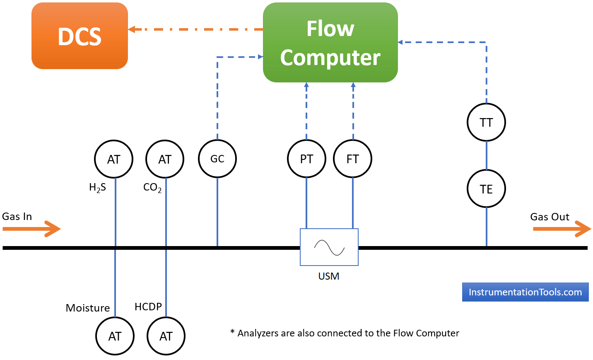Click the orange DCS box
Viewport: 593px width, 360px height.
tap(80, 36)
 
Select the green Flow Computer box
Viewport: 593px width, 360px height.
tap(330, 43)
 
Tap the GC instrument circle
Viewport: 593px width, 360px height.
tap(217, 159)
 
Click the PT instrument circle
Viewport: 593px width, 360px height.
tap(306, 159)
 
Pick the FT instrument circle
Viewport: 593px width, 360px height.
tap(353, 159)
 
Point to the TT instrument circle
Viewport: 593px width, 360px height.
tap(486, 123)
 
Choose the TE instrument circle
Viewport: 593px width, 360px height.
tap(486, 189)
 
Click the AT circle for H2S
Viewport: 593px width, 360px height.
tap(114, 159)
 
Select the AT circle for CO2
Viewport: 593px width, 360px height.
tap(165, 159)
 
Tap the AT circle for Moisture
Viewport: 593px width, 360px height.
tap(115, 336)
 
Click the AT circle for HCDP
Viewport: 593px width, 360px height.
tap(166, 336)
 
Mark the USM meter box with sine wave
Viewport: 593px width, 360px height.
tap(329, 247)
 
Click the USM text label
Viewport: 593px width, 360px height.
tap(329, 276)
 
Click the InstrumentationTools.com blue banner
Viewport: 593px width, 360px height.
tap(525, 292)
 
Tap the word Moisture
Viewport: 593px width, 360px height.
tap(88, 308)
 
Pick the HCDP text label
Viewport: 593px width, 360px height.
tap(148, 307)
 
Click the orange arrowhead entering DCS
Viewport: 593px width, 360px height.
tap(132, 29)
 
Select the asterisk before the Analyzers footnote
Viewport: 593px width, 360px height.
tap(233, 332)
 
